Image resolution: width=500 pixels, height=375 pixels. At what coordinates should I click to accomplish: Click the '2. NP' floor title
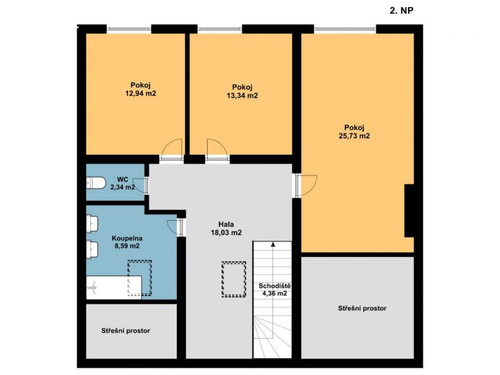click(x=403, y=11)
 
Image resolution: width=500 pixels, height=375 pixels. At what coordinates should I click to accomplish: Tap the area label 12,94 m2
click(x=140, y=94)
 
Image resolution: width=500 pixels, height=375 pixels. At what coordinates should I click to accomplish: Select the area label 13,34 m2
click(x=242, y=95)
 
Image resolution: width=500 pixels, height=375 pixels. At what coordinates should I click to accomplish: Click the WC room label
click(x=123, y=179)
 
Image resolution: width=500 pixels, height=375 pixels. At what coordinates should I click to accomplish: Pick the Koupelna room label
click(x=126, y=238)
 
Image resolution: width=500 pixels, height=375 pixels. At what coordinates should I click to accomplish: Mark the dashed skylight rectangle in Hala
click(x=234, y=279)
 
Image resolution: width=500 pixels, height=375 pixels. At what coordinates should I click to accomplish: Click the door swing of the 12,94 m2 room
click(x=172, y=148)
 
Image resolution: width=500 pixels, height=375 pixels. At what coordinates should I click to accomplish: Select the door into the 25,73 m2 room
click(x=306, y=183)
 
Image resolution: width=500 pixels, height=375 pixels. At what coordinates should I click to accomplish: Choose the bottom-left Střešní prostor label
click(x=126, y=330)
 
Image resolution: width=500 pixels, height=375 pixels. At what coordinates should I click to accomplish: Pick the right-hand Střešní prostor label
click(x=363, y=308)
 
